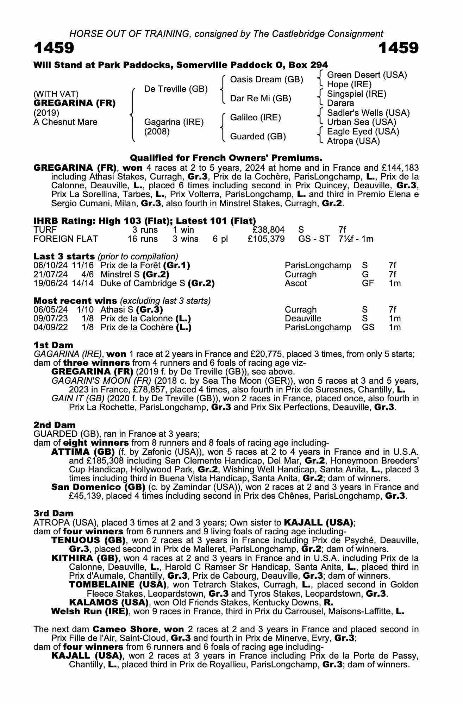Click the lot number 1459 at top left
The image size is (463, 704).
click(54, 48)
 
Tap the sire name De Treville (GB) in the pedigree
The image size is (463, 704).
click(176, 89)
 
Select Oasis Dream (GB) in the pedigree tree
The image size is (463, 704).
click(266, 80)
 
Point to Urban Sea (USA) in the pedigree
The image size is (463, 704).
click(361, 122)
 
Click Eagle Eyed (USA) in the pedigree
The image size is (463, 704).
click(363, 132)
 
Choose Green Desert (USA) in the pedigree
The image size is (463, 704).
click(367, 75)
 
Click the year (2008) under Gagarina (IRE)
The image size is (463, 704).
click(157, 132)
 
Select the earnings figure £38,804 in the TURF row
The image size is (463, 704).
click(269, 230)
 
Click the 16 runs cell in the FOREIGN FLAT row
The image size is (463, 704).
click(143, 239)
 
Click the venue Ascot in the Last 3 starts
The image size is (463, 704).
click(296, 283)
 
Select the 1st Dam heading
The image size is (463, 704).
click(54, 345)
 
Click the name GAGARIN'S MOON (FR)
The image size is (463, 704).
click(101, 381)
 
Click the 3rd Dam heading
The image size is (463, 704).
click(54, 513)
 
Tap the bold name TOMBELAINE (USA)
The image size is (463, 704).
click(118, 585)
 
